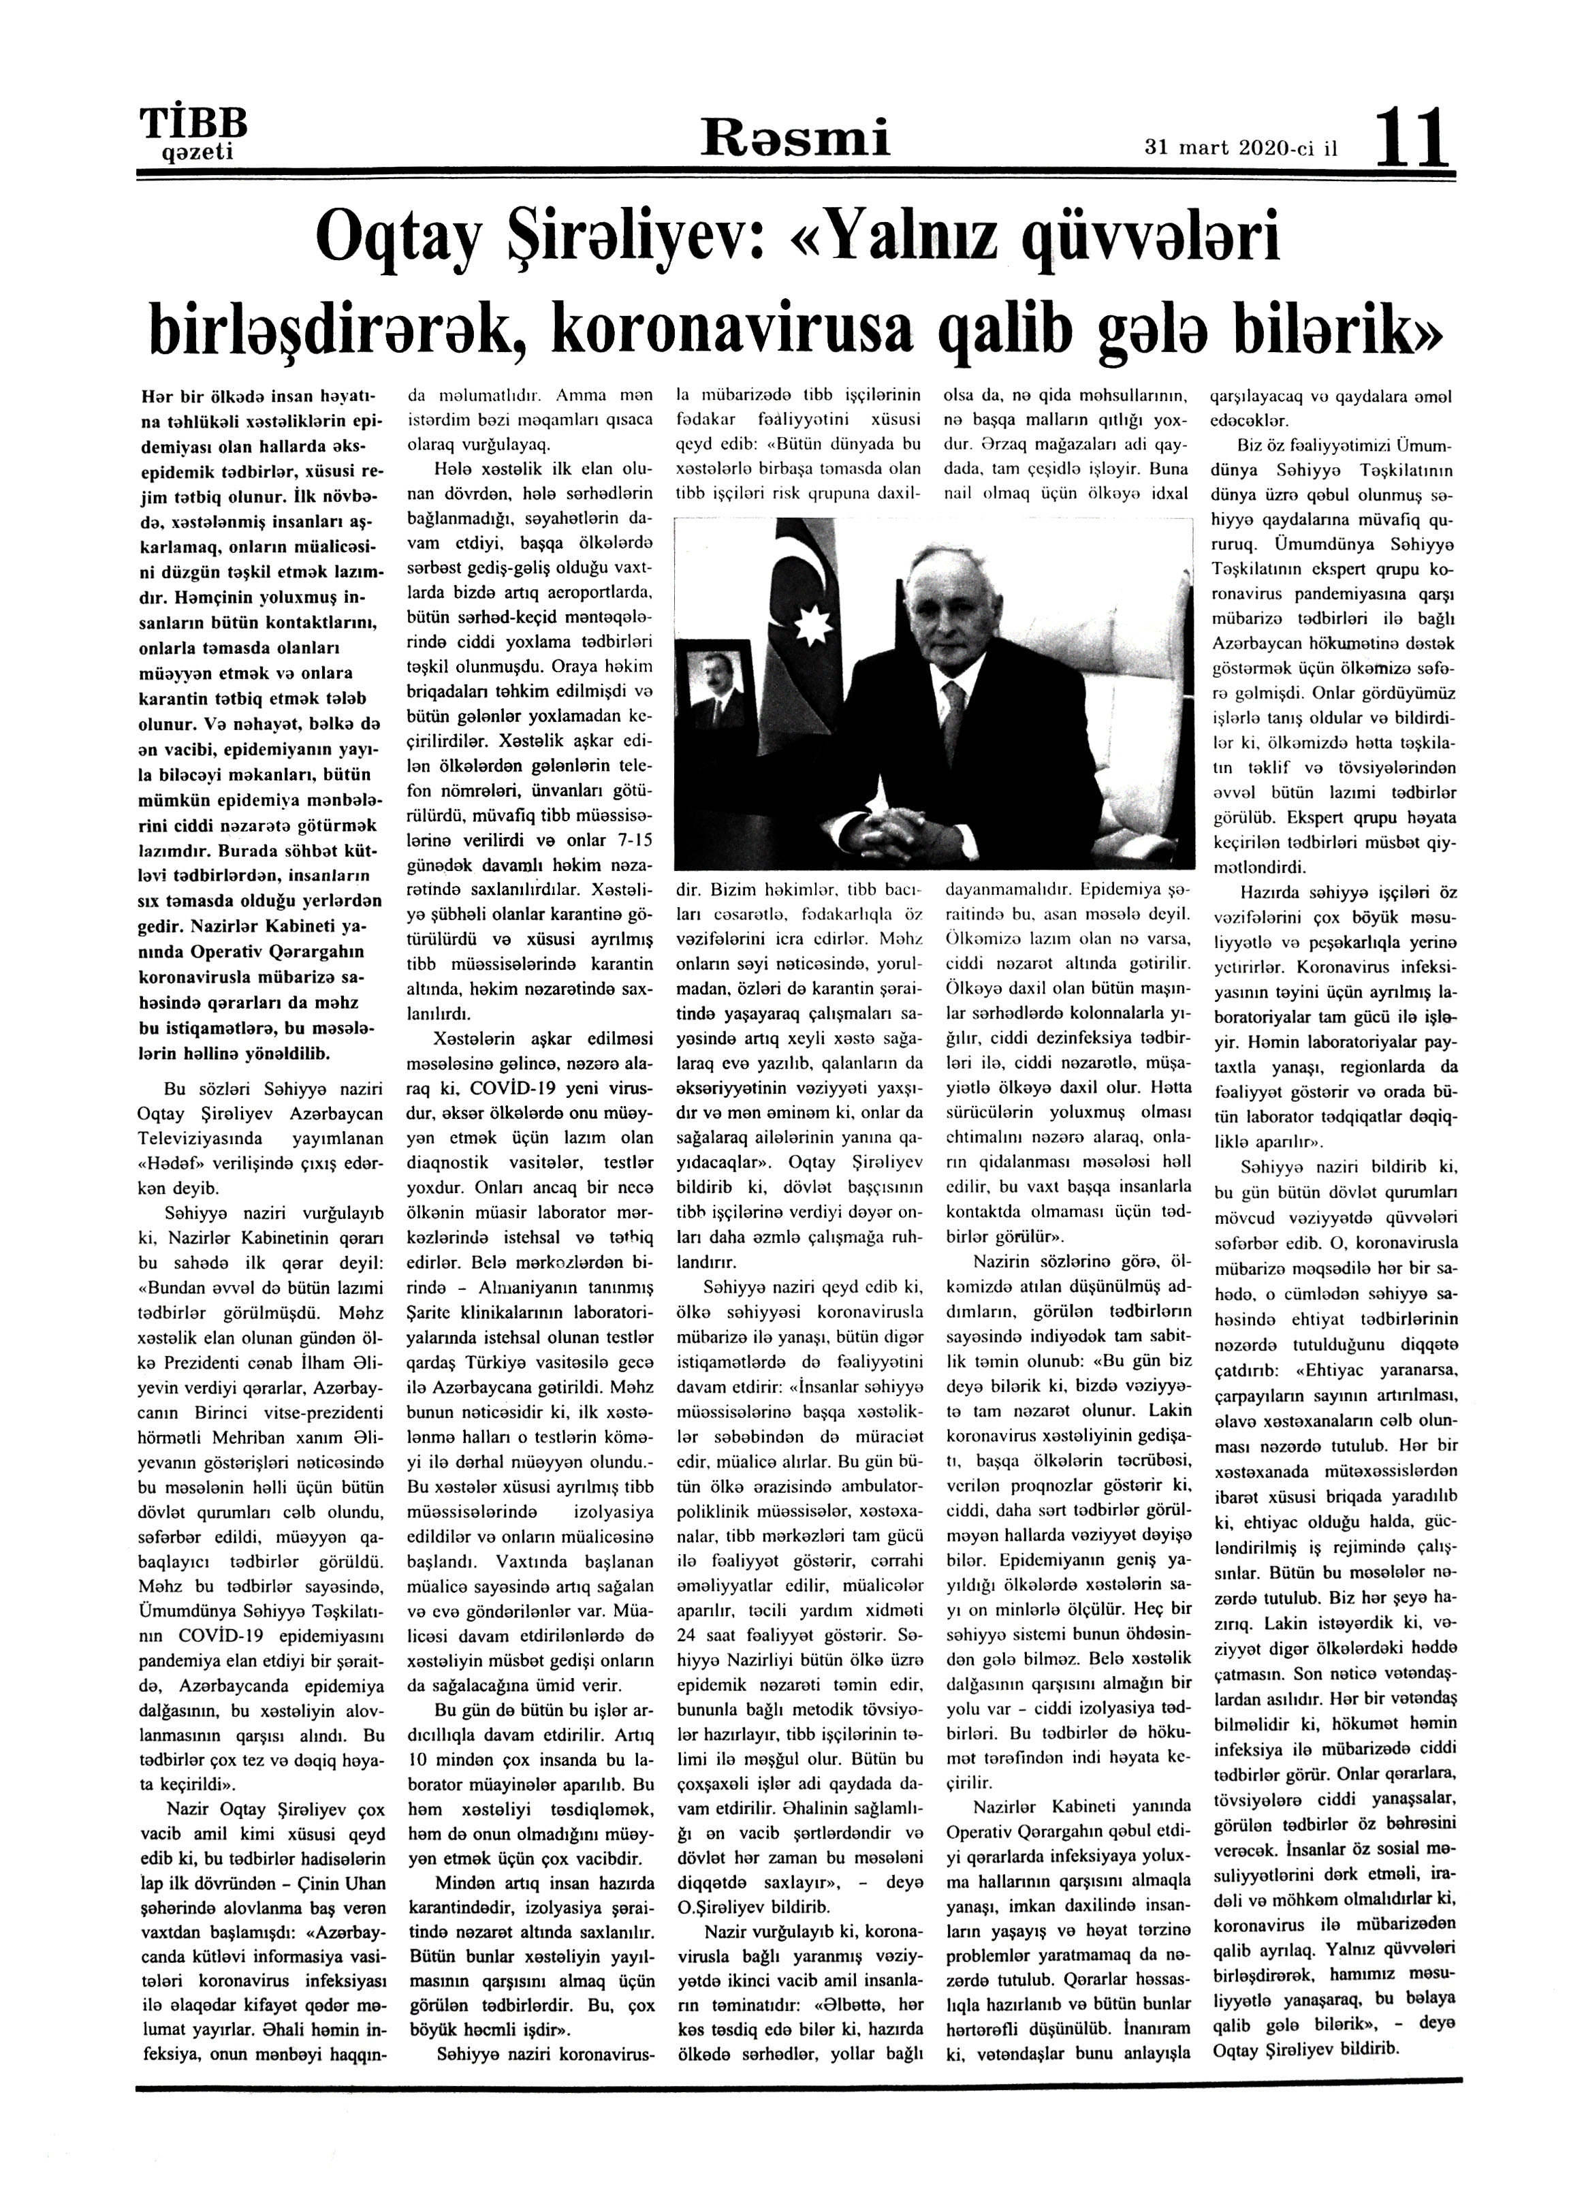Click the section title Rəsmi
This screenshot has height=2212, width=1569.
click(x=795, y=138)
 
